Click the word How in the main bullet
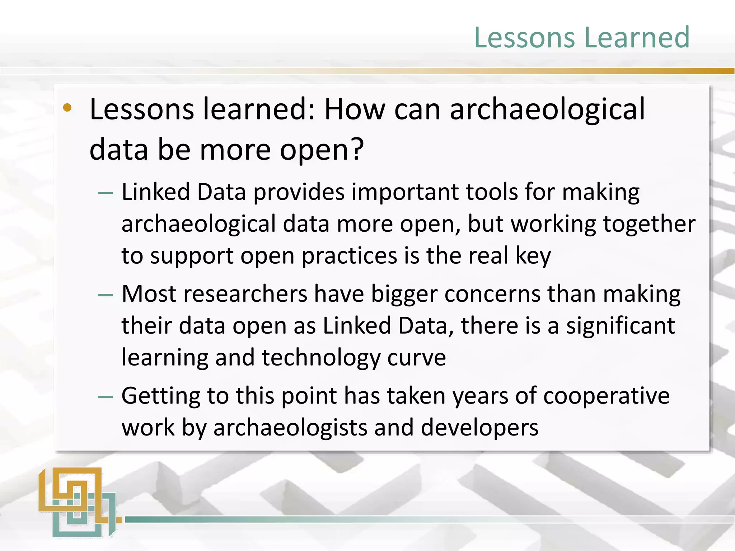355,109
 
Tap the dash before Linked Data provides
105,193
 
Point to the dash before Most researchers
105,295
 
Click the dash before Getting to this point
105,397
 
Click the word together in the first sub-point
649,224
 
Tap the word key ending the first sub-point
533,256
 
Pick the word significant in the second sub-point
621,326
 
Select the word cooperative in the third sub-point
606,396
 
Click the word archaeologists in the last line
290,428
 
